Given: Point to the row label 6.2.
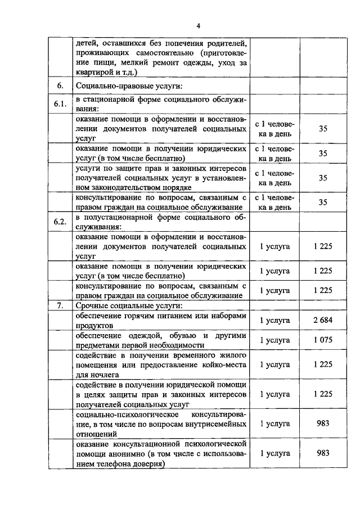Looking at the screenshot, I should point(60,221).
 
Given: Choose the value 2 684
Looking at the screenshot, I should point(323,320).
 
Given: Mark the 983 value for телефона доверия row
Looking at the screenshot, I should point(323,453).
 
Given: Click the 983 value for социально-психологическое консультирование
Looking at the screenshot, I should point(323,423).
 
